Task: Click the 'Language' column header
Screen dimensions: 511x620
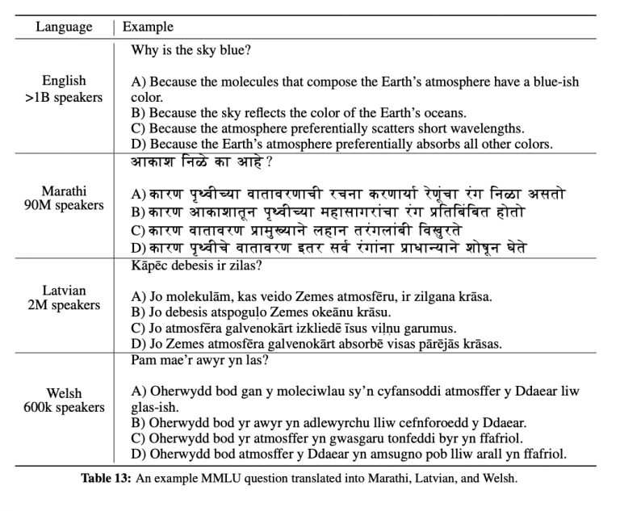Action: tap(64, 27)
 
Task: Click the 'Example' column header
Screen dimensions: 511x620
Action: tap(148, 27)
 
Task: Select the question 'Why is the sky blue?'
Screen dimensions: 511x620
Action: tap(191, 50)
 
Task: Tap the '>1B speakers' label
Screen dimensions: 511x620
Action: tap(64, 98)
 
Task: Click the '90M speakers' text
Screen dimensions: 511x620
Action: tap(64, 205)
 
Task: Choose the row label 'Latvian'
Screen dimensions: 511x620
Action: tap(64, 290)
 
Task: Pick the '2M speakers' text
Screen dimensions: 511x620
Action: tap(64, 305)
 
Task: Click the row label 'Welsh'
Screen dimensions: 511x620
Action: tap(64, 393)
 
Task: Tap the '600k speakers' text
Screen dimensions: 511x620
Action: tap(64, 408)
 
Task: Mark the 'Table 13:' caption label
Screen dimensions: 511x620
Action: tap(106, 478)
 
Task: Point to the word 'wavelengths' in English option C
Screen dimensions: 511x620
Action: tap(485, 128)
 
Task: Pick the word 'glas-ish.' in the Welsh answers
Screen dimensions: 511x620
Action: tap(157, 407)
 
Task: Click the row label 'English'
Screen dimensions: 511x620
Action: tap(64, 82)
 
